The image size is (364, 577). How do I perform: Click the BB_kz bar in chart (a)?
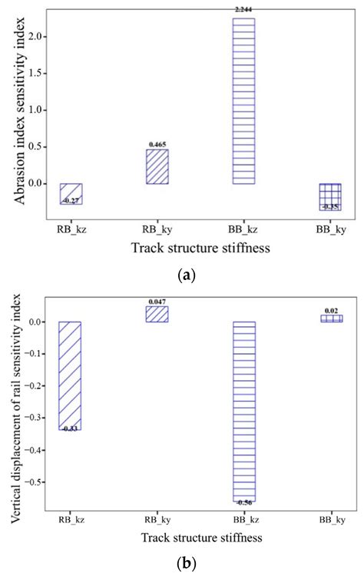click(243, 101)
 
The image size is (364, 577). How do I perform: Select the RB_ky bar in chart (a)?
click(157, 166)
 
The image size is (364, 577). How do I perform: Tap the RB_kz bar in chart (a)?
click(71, 193)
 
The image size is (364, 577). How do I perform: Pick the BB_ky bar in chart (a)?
click(330, 196)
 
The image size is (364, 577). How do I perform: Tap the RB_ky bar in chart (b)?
click(158, 314)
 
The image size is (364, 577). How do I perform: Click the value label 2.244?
click(243, 10)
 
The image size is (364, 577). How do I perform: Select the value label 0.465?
click(157, 144)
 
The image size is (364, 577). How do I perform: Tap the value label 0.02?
click(332, 310)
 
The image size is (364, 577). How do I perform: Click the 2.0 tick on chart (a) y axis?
click(32, 36)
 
